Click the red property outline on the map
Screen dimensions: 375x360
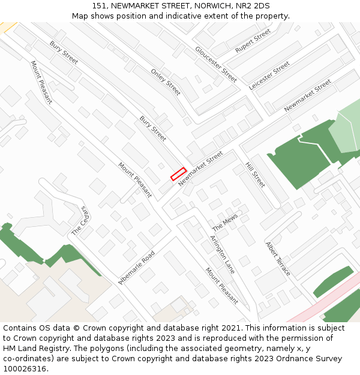coord(178,174)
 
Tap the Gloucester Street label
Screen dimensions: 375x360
coord(216,64)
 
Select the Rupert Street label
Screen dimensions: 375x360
coord(253,41)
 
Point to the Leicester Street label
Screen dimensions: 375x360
coord(269,76)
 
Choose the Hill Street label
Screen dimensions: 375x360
coord(255,175)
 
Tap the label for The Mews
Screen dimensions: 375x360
coord(225,223)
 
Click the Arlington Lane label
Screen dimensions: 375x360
coord(221,254)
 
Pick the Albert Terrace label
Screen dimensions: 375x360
coord(278,259)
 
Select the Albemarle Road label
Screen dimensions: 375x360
coord(136,268)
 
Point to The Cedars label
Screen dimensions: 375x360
coord(80,220)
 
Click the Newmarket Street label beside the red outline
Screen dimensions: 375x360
coord(200,169)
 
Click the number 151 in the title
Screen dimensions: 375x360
coord(100,5)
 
